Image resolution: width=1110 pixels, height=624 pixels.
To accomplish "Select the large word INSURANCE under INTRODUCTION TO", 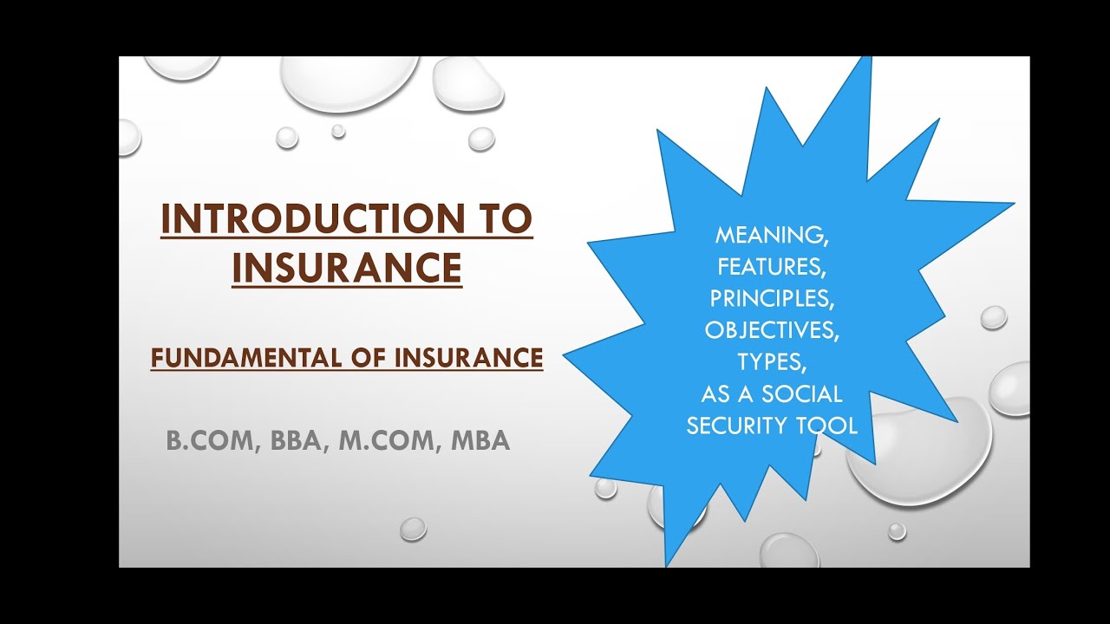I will click(347, 268).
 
